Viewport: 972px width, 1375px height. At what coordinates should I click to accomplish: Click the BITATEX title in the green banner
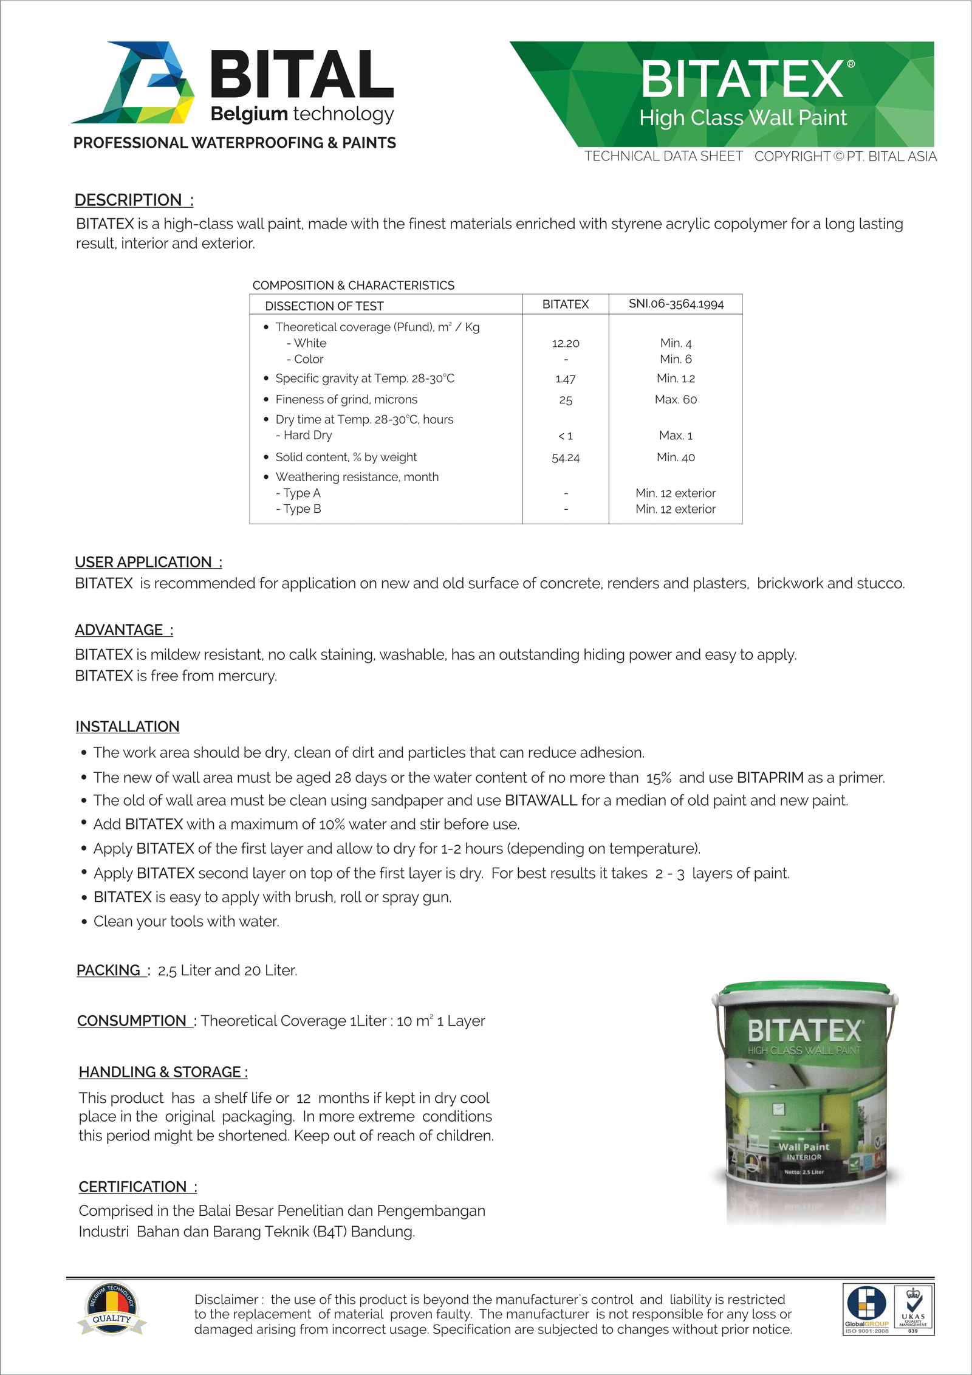(742, 80)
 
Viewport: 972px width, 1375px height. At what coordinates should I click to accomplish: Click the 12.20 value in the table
(566, 343)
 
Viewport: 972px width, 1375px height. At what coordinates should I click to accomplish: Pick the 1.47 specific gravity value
(566, 379)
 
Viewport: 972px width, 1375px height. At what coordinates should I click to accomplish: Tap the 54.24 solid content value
(566, 458)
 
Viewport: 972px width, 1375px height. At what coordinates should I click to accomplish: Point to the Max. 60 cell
(676, 400)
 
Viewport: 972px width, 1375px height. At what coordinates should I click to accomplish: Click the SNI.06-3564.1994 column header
(676, 304)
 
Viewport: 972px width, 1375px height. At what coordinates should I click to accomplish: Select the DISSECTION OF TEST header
(324, 306)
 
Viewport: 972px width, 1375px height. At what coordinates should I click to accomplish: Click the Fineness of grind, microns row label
(346, 400)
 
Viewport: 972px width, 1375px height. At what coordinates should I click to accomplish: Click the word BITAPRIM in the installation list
(770, 778)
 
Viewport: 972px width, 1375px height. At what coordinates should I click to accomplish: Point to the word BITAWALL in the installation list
(541, 801)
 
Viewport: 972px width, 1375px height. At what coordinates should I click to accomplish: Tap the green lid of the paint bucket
(805, 989)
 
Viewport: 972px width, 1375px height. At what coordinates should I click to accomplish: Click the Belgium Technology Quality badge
(112, 1309)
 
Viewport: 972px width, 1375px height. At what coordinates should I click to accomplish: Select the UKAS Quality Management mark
(913, 1309)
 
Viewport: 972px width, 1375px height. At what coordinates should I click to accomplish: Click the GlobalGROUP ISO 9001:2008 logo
(867, 1309)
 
